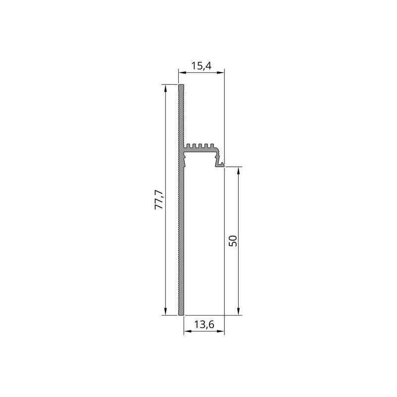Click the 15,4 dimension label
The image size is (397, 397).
[x=201, y=66]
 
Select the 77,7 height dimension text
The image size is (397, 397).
[x=159, y=199]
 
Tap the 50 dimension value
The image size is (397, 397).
[x=233, y=241]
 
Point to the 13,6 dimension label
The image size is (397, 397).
[x=204, y=325]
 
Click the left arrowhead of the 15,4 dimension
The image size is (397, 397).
[x=182, y=72]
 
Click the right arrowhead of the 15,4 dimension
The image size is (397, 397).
[x=221, y=72]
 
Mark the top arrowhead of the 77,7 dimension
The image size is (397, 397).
[x=166, y=88]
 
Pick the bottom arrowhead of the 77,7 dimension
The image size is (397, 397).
[x=166, y=312]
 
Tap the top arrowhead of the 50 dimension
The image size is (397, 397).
[x=238, y=170]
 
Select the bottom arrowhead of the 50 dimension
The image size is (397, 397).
[x=238, y=312]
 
